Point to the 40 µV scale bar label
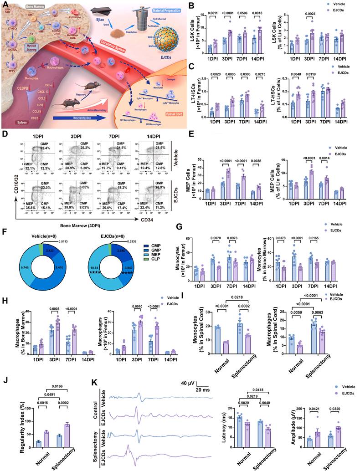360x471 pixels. coord(187,383)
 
